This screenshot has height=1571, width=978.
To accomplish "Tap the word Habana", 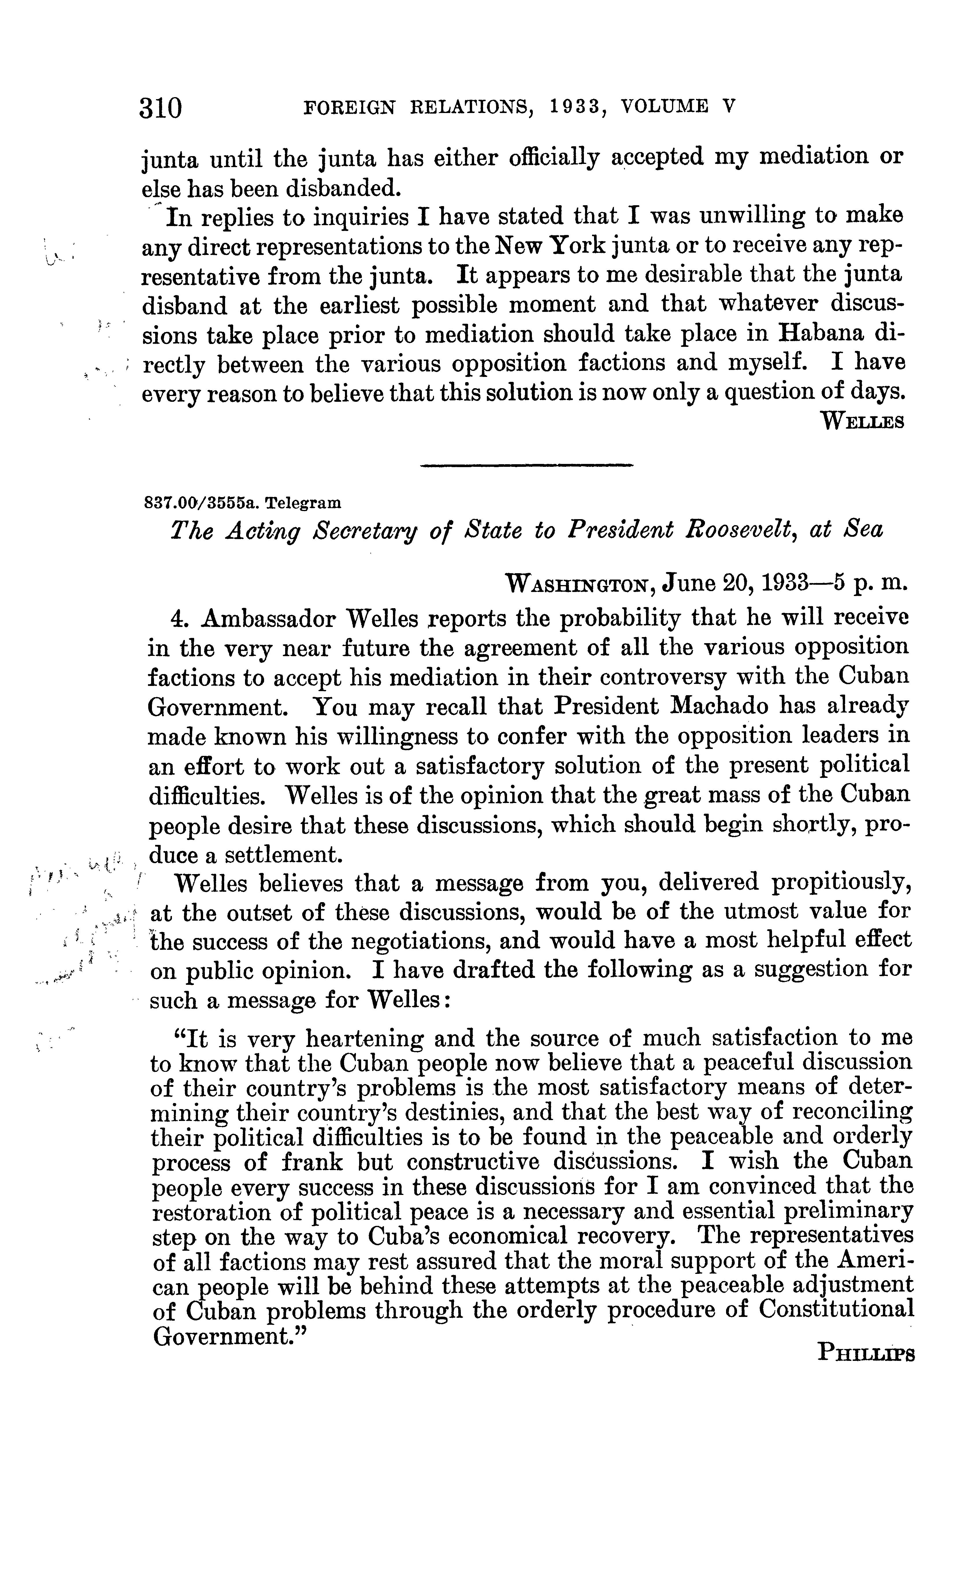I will [x=820, y=334].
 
